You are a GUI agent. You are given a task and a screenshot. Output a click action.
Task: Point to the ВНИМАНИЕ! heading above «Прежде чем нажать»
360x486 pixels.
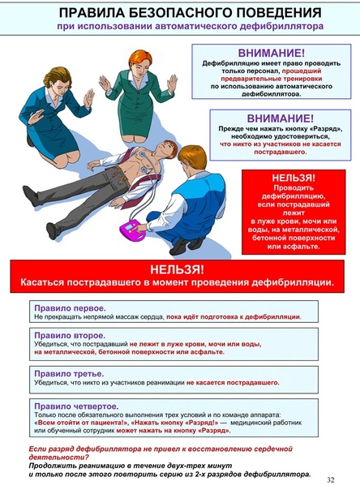pos(272,118)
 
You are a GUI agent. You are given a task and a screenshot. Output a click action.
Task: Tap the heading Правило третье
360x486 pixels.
pos(69,373)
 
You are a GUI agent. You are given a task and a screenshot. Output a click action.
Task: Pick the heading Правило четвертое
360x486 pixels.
pos(75,405)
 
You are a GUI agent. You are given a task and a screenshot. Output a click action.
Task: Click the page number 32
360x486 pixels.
pos(330,479)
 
